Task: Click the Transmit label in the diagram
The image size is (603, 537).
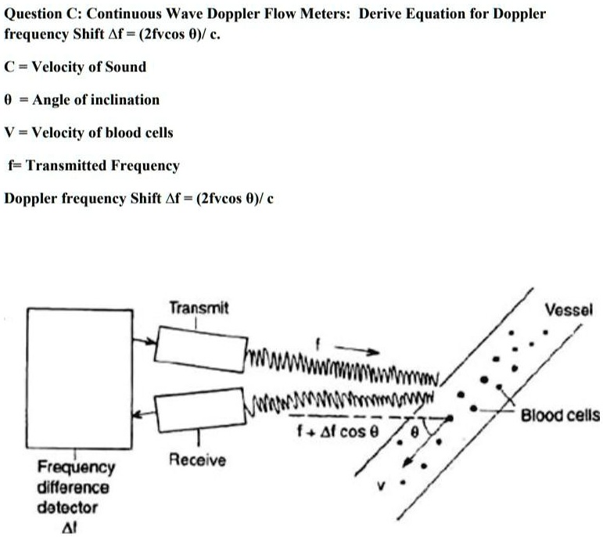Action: pyautogui.click(x=199, y=308)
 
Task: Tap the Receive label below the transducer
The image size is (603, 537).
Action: pyautogui.click(x=197, y=460)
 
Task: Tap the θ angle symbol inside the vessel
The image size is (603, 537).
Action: pyautogui.click(x=415, y=431)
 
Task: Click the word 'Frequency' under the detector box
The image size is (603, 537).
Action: pyautogui.click(x=76, y=468)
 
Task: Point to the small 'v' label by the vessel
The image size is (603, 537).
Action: pyautogui.click(x=382, y=486)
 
